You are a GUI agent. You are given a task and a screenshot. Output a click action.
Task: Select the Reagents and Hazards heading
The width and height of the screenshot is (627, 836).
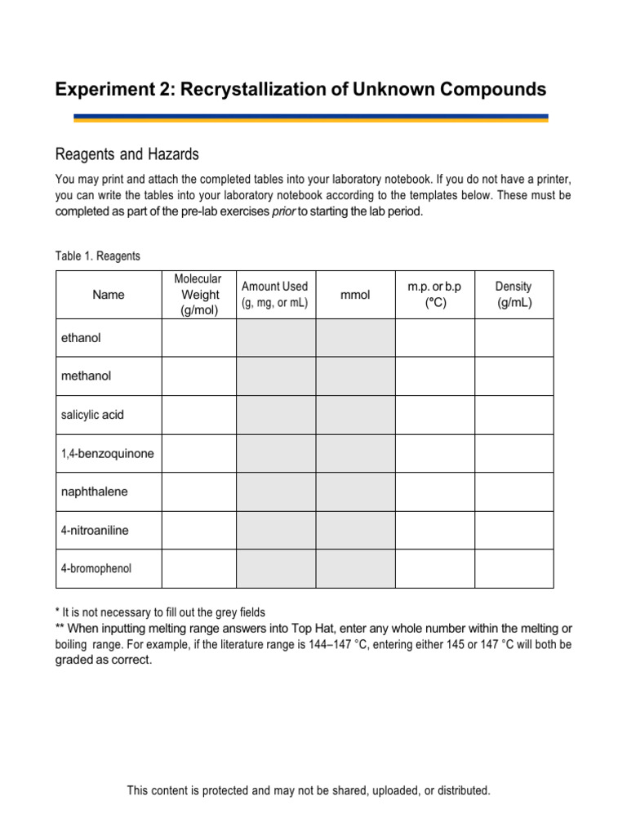coord(127,154)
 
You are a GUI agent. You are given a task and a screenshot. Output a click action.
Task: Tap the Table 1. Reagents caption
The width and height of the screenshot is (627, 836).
coord(98,256)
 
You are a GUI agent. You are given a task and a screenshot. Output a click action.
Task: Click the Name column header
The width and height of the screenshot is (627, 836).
coord(109,295)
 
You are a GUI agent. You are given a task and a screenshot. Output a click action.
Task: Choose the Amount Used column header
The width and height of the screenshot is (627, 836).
coord(275,295)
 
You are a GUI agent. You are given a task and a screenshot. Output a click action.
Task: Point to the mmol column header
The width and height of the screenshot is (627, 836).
coord(355,295)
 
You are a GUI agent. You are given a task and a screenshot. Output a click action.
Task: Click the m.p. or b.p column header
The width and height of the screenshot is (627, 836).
coord(434,295)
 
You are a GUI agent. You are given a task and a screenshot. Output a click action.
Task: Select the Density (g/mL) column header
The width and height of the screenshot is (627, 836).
coord(514,295)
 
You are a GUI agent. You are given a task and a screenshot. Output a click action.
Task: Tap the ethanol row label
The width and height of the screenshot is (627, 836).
coord(81,338)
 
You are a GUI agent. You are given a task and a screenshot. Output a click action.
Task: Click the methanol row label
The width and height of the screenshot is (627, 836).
coord(86,376)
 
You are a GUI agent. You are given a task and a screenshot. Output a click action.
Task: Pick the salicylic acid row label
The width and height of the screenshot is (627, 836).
coord(92,415)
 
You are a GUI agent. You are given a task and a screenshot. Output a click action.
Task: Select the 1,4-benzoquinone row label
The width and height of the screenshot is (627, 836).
coord(107,453)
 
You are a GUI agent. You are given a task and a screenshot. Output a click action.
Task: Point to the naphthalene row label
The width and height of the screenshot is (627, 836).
coord(95,492)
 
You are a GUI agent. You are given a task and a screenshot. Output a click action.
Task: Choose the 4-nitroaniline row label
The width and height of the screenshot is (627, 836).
coord(95,531)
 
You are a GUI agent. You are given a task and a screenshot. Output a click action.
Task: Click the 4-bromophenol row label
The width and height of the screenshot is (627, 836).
coord(96,569)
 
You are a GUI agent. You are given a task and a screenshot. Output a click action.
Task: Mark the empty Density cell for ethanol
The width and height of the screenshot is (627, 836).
coord(514,338)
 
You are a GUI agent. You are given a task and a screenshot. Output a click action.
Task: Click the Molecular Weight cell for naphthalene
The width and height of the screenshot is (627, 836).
coord(198,492)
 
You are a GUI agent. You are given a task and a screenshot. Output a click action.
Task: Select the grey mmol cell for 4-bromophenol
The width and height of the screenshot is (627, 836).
coord(355,569)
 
